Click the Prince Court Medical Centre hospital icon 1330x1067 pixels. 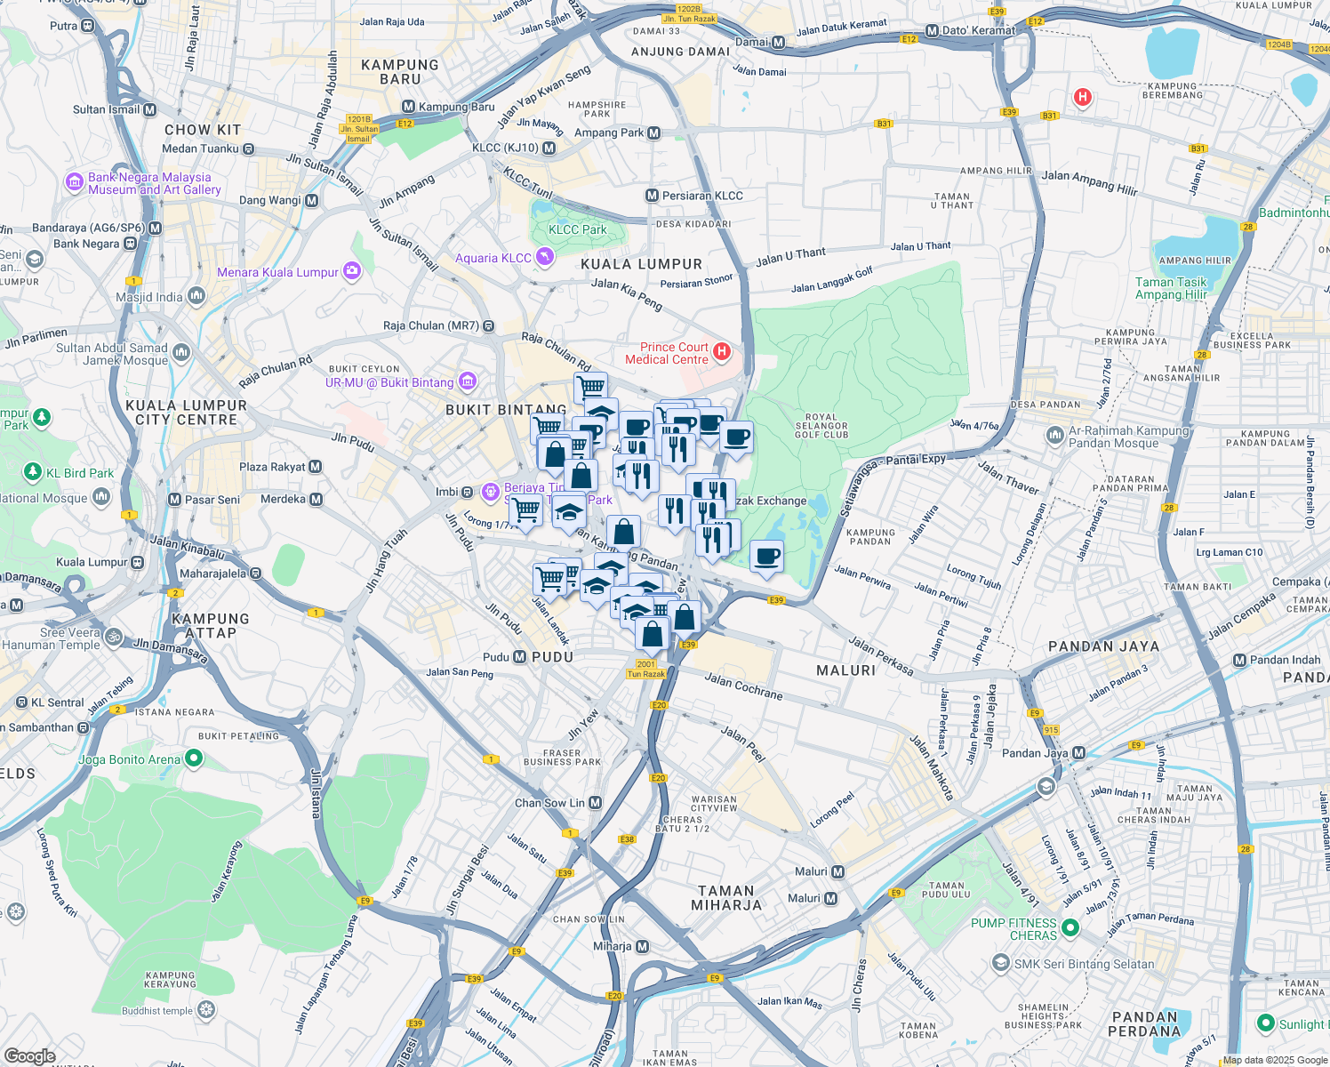pos(722,352)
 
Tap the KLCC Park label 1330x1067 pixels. pos(577,229)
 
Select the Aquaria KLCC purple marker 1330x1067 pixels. pos(544,258)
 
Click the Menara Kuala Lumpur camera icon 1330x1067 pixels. pos(352,271)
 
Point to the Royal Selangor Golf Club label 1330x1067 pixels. pos(821,426)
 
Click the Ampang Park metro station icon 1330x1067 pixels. pos(654,133)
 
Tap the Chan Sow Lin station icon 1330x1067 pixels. pos(596,803)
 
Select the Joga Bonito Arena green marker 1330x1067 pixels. pos(194,759)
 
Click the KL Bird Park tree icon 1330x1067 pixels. pos(33,472)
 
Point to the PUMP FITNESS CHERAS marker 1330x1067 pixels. pos(1070,928)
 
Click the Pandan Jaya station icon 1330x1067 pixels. pos(1078,753)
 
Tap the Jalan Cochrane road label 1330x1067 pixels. pos(743,686)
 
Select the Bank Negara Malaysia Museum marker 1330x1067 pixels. pos(75,183)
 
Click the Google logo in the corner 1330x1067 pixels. pos(30,1055)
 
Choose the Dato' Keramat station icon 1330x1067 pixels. pos(932,30)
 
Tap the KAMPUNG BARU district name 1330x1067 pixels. pos(400,72)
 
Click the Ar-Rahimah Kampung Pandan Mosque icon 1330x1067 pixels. pos(1055,436)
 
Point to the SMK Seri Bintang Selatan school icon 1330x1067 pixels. pos(1001,964)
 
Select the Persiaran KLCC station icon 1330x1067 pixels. pos(653,196)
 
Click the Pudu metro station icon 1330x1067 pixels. pos(520,657)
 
